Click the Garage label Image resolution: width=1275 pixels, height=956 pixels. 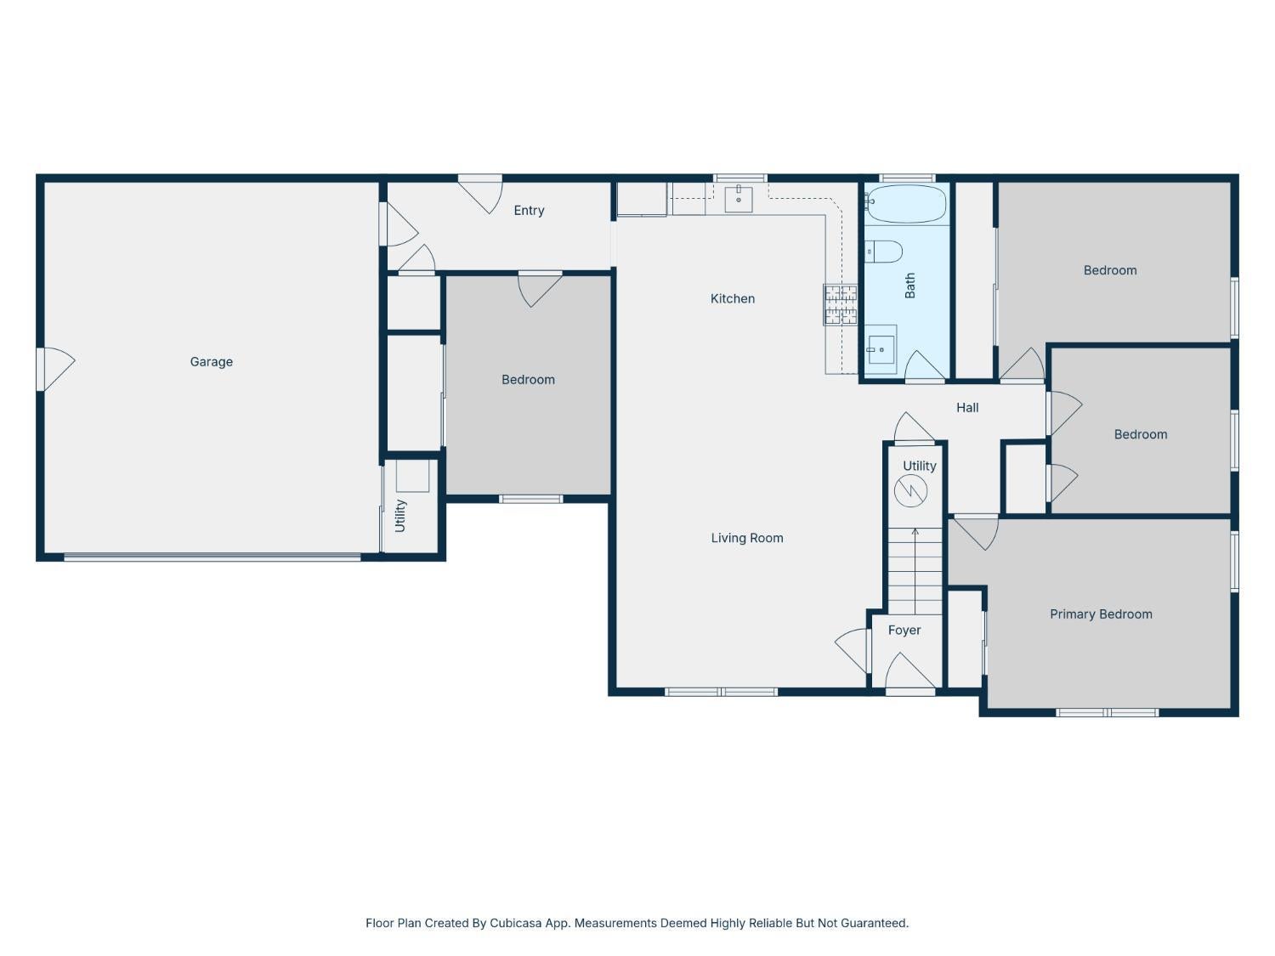click(211, 362)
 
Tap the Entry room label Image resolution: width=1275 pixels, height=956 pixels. click(529, 211)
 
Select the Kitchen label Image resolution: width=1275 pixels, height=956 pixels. click(733, 298)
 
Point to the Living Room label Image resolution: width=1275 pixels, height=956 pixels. click(747, 538)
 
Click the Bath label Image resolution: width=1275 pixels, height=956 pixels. click(909, 286)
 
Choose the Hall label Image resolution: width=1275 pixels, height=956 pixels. click(967, 408)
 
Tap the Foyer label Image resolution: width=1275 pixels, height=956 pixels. click(904, 631)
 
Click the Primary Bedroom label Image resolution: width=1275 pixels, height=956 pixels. click(1101, 614)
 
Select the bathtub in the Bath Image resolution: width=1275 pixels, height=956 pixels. click(905, 204)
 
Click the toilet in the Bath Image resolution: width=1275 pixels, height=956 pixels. click(883, 252)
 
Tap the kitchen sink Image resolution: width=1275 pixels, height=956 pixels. click(739, 199)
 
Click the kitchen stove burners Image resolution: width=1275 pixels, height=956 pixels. click(840, 305)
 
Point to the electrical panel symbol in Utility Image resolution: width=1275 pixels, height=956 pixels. click(910, 491)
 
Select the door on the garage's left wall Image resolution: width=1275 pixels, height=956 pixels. click(56, 369)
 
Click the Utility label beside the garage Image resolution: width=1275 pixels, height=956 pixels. click(399, 516)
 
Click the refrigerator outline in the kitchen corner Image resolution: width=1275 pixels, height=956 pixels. click(641, 199)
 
